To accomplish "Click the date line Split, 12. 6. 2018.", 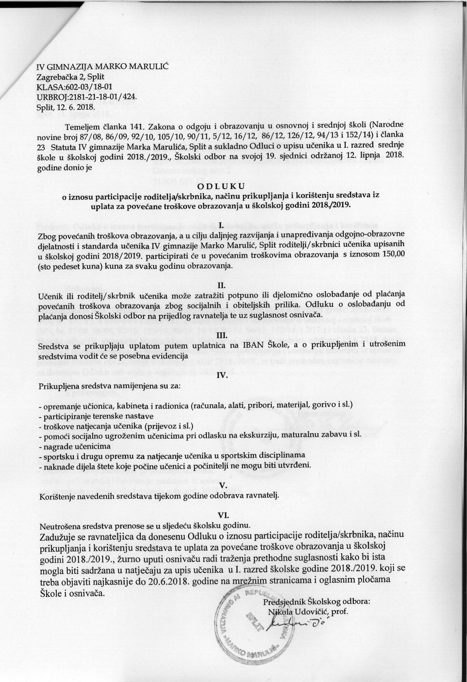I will click(65, 106).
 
